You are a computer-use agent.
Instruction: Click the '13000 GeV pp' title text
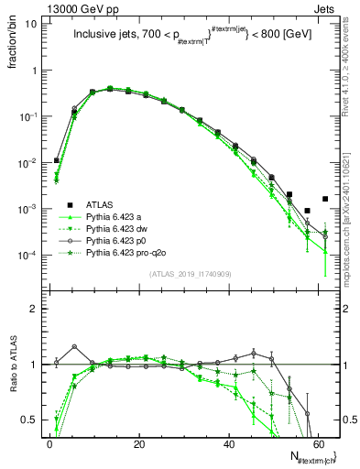(x=42, y=7)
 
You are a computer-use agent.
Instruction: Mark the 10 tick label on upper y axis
(x=30, y=24)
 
